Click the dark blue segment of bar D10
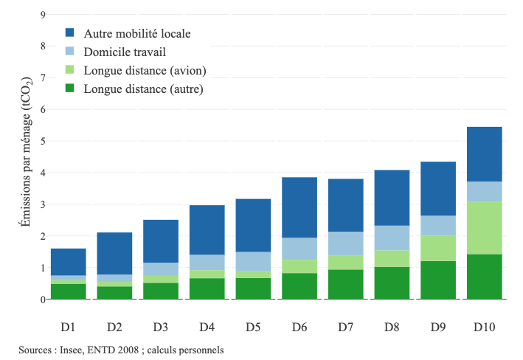pyautogui.click(x=484, y=153)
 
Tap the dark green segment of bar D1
pyautogui.click(x=69, y=291)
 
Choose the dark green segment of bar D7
pyautogui.click(x=346, y=284)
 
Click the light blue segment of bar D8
pyautogui.click(x=392, y=238)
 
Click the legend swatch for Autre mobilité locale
pyautogui.click(x=70, y=33)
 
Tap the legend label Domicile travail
pyautogui.click(x=125, y=52)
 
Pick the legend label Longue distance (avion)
pyautogui.click(x=145, y=70)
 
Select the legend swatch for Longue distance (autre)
pyautogui.click(x=70, y=89)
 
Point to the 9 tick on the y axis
pyautogui.click(x=44, y=15)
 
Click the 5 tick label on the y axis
pyautogui.click(x=44, y=141)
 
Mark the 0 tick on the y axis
pyautogui.click(x=44, y=300)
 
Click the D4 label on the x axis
pyautogui.click(x=207, y=326)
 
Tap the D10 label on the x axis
pyautogui.click(x=484, y=326)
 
